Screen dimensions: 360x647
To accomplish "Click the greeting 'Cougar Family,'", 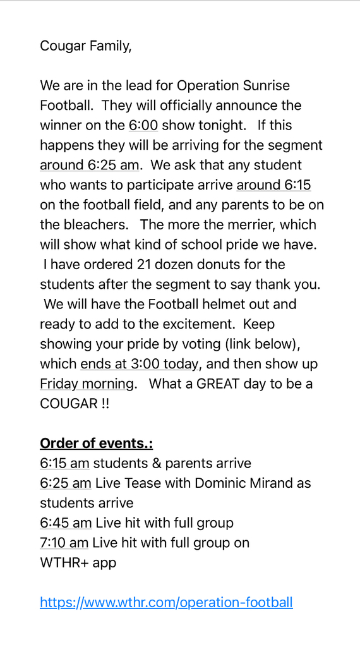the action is tap(86, 45).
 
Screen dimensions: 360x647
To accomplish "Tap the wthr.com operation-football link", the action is tap(166, 602).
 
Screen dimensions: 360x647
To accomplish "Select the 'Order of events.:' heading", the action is tap(96, 443).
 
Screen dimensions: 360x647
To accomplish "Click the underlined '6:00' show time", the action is tap(143, 125).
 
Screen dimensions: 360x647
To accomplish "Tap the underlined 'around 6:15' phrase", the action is tap(273, 185).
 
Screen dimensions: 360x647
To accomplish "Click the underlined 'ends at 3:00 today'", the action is tap(140, 364).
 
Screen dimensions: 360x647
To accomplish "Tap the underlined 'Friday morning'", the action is tap(87, 384).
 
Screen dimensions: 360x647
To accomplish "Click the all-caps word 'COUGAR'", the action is tap(68, 404).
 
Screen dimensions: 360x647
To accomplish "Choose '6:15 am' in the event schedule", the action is tap(64, 463).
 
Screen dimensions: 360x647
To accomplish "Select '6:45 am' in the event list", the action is tap(65, 523).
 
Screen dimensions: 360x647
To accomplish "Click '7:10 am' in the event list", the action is tap(64, 543).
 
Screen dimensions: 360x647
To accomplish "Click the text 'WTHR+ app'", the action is tap(78, 562).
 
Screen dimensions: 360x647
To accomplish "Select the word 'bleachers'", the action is tap(95, 225).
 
